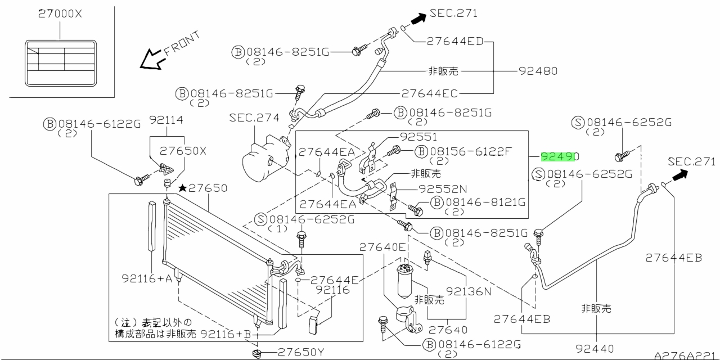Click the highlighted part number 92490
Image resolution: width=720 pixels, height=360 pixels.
pos(560,156)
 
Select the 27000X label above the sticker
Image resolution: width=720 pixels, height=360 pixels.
pos(60,14)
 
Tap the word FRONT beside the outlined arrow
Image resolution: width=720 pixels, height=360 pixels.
pos(182,43)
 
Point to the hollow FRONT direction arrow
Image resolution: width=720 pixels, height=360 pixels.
pos(152,60)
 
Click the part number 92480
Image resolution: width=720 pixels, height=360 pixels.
pos(538,71)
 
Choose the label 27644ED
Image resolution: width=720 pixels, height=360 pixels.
pos(455,42)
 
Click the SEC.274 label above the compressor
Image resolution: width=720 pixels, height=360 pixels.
pos(254,118)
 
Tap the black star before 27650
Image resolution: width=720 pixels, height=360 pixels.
pos(183,188)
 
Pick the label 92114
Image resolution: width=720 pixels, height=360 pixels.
pos(166,120)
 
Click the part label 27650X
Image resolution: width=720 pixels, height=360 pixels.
pos(183,151)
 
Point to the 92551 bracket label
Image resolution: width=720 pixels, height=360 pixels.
pos(418,137)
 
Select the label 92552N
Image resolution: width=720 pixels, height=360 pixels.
pos(443,189)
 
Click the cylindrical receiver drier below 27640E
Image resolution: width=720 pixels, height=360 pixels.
pos(405,280)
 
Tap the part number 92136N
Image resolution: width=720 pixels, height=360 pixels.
pos(469,291)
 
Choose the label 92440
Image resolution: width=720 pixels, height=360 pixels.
pos(595,348)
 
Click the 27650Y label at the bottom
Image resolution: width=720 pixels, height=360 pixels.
pos(301,352)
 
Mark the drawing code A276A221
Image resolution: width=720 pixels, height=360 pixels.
pos(687,355)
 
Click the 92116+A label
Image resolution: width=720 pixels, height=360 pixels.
pos(147,278)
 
